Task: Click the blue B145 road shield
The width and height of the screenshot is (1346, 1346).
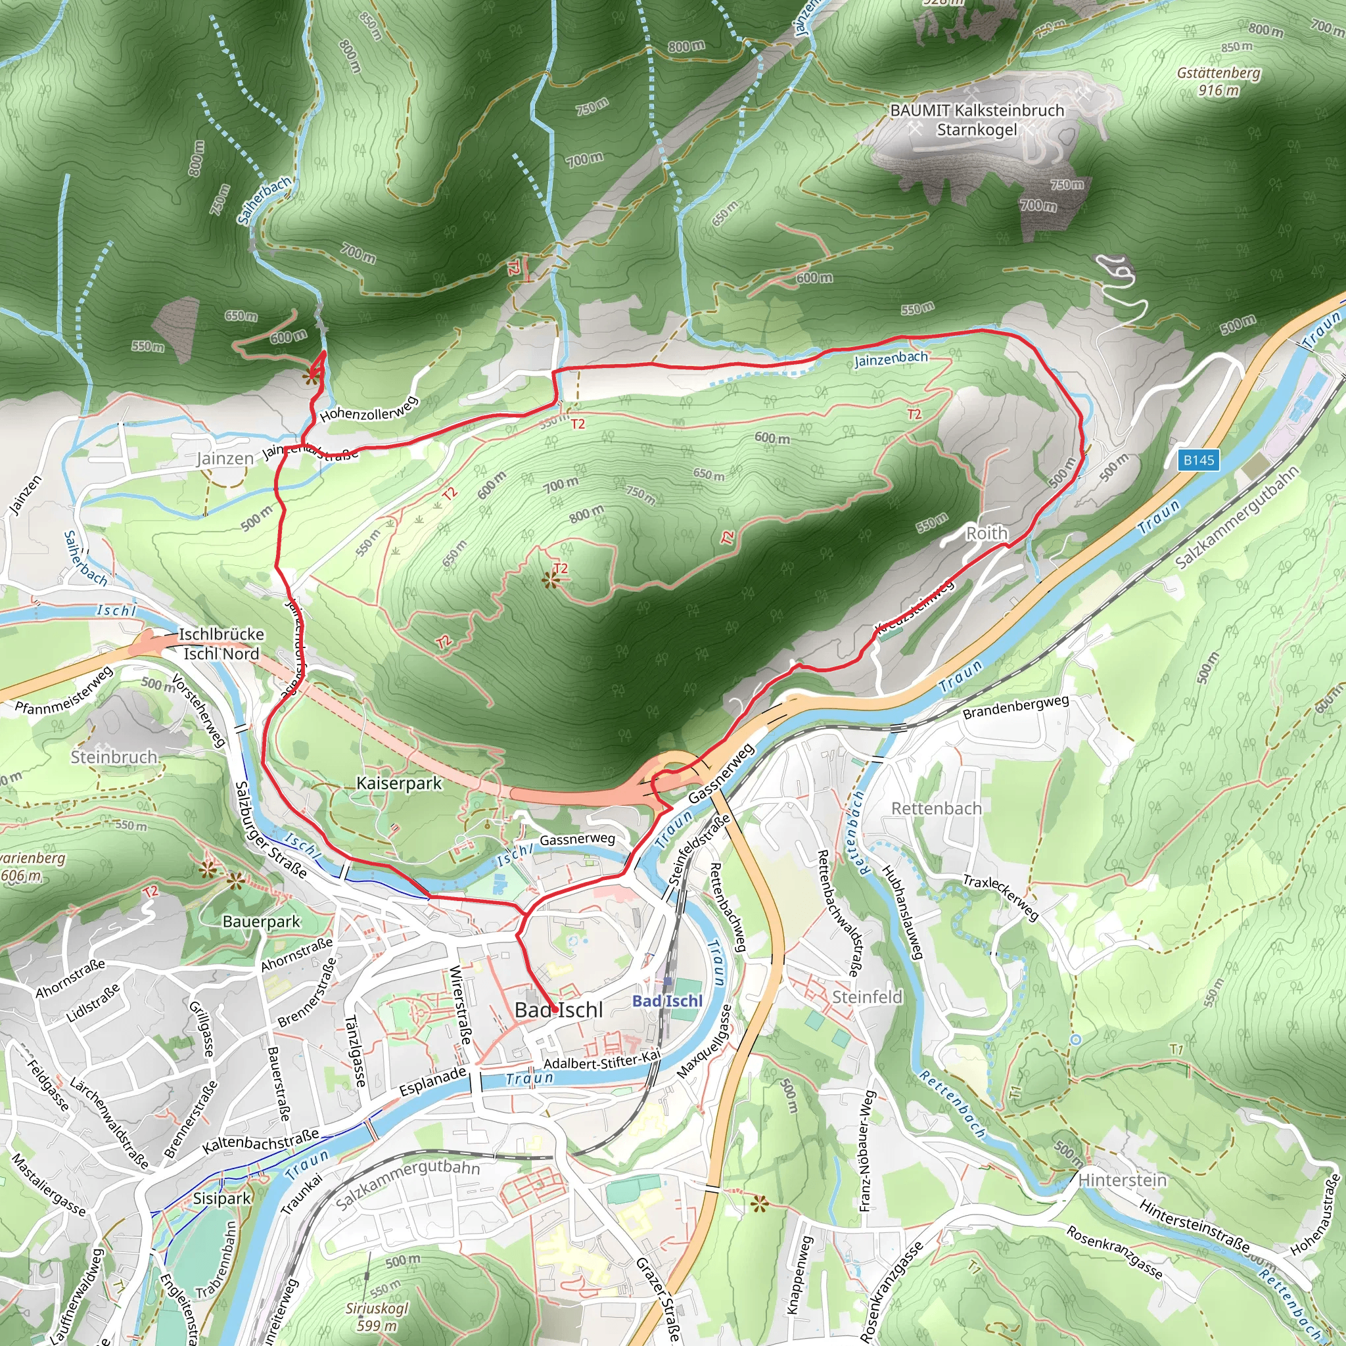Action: tap(1198, 460)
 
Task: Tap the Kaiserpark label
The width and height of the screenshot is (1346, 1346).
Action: tap(398, 783)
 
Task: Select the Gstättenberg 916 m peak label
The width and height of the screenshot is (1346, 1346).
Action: tap(1218, 81)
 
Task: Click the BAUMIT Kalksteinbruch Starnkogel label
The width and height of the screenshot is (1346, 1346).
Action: tap(977, 120)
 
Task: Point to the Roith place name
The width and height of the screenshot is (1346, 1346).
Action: tap(986, 533)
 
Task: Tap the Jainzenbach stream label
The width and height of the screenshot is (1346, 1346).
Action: tap(891, 359)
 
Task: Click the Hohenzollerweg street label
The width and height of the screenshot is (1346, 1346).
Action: tap(369, 409)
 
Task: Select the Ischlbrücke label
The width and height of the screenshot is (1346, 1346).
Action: tap(221, 634)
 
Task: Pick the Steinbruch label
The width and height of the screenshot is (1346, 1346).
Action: tap(114, 756)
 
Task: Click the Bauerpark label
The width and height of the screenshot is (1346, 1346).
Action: tap(262, 921)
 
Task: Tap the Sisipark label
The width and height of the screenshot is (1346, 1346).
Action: tap(221, 1198)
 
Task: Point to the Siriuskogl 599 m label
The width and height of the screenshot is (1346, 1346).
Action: tap(377, 1316)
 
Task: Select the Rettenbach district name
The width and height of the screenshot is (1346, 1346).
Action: tap(937, 808)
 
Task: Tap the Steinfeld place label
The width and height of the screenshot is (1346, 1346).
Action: tap(868, 997)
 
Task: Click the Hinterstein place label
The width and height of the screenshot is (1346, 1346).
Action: tap(1123, 1180)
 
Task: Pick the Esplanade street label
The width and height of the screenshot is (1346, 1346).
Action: tap(432, 1081)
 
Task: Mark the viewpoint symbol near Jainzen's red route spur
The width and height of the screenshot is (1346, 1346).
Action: tap(311, 377)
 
